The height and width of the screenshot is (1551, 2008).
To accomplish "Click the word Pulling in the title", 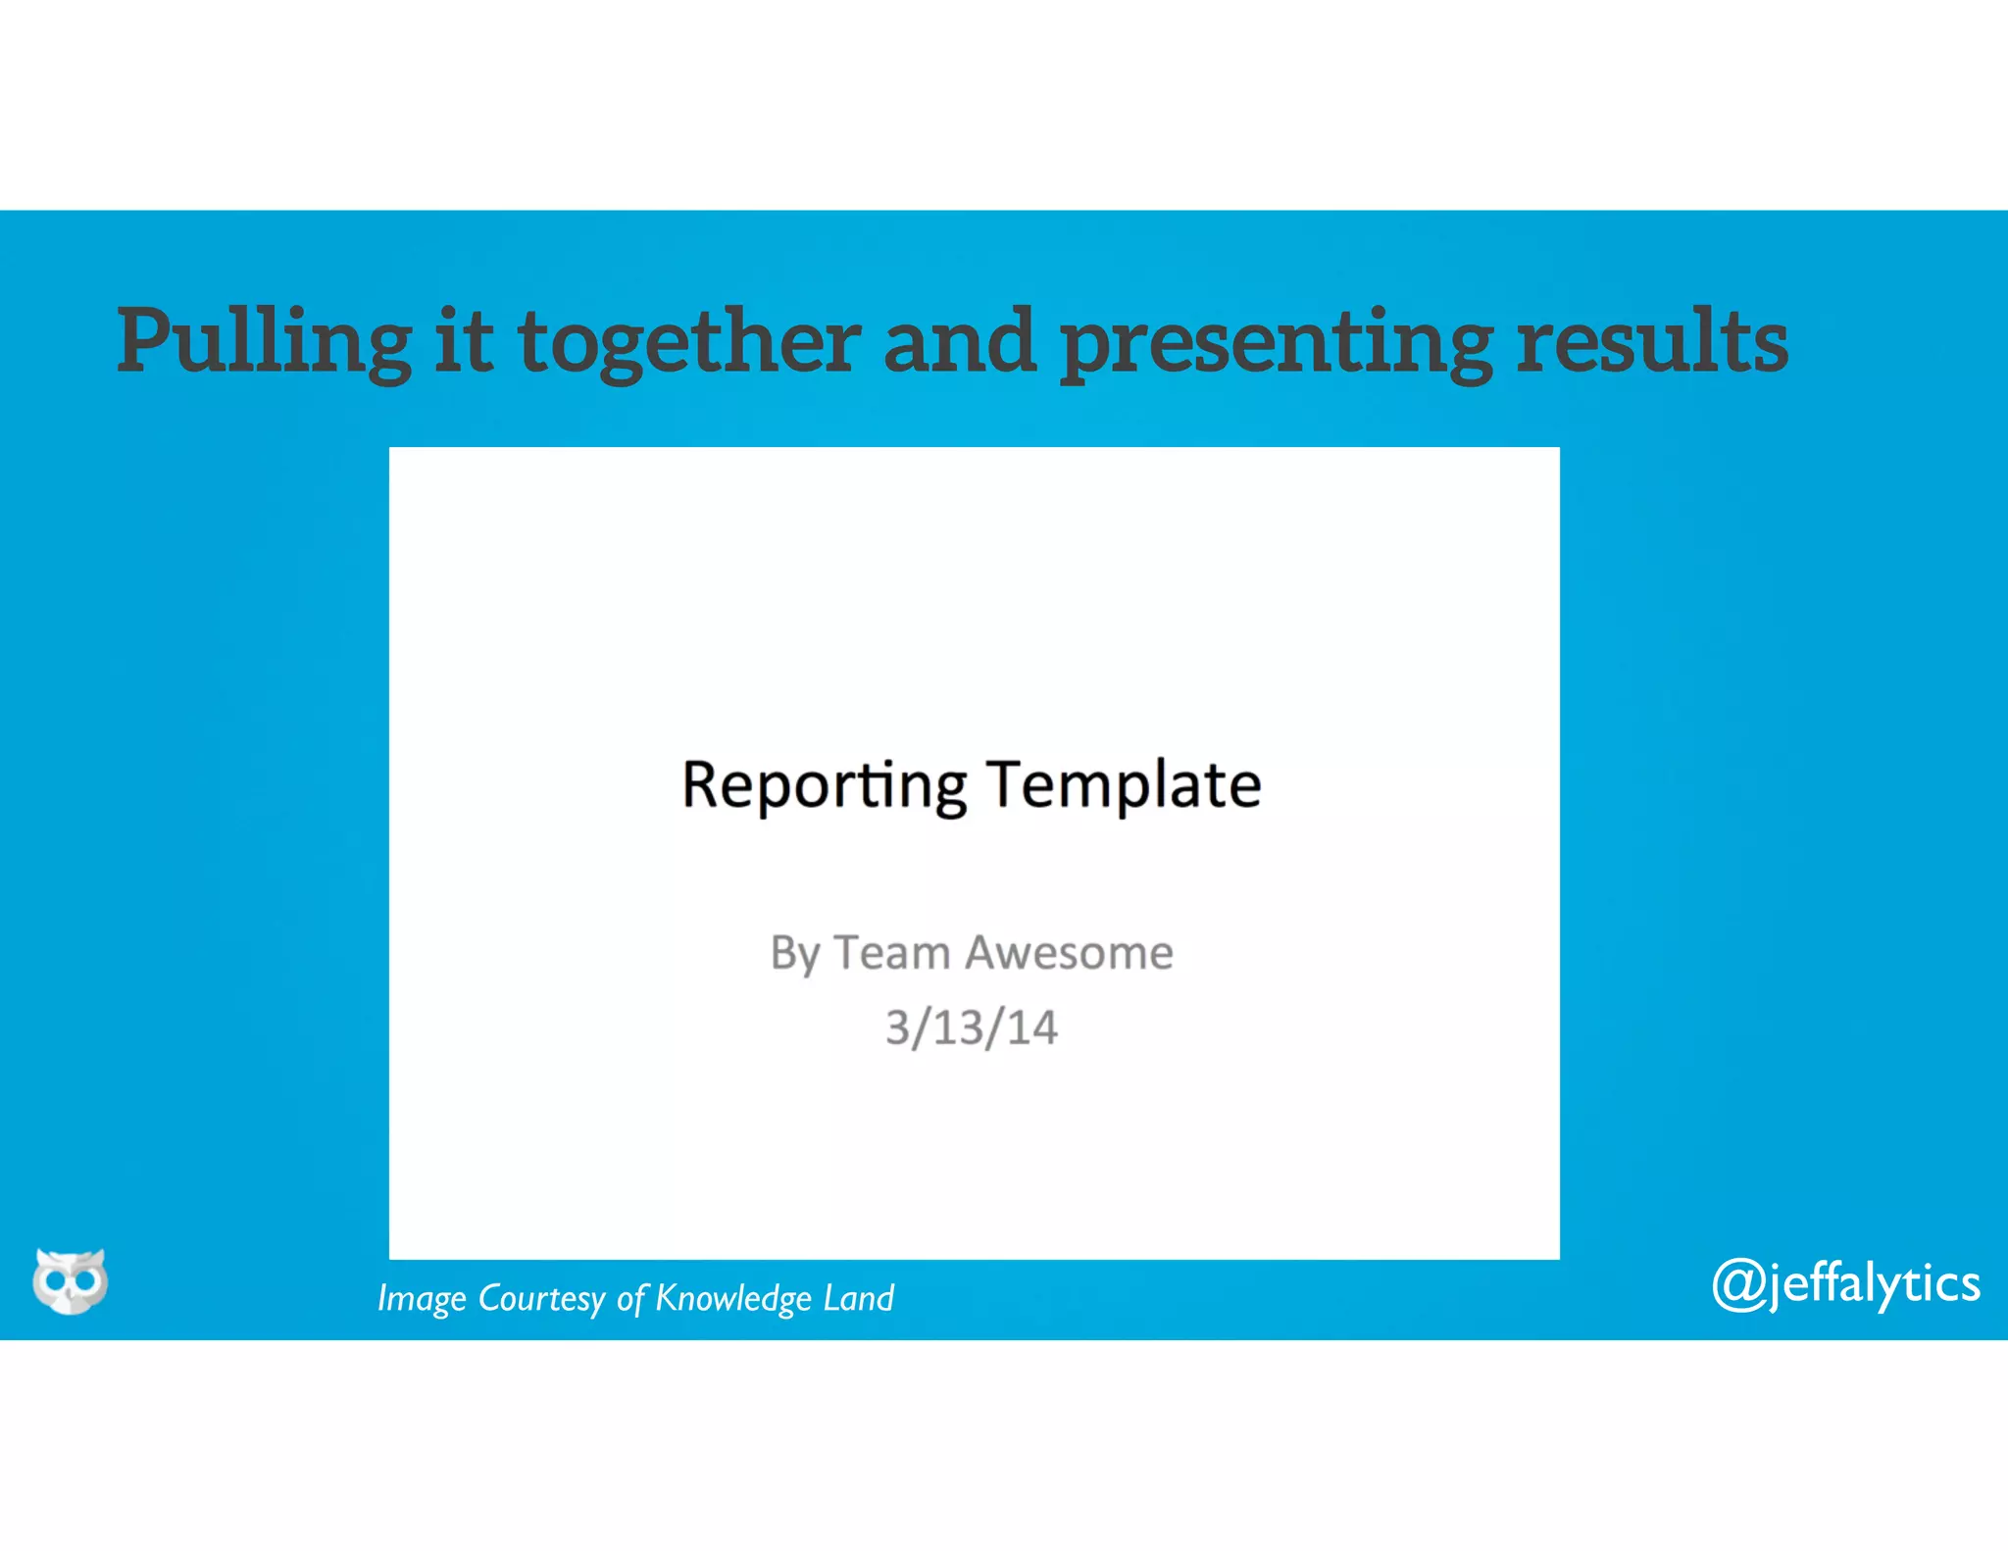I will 264,342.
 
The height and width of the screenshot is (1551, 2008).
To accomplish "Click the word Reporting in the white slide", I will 824,785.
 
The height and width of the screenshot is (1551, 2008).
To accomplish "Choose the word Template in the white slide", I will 1124,785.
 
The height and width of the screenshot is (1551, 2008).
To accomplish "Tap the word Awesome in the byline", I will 1070,952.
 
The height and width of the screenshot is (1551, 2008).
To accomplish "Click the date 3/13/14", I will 972,1027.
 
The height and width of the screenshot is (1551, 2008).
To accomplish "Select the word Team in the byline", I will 892,952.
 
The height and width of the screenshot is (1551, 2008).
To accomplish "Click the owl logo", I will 70,1280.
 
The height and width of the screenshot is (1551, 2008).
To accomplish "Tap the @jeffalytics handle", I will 1845,1283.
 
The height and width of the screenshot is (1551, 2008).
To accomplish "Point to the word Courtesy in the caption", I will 541,1299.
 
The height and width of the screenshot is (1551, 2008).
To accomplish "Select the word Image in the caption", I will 422,1299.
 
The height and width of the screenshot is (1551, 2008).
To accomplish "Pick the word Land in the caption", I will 859,1297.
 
